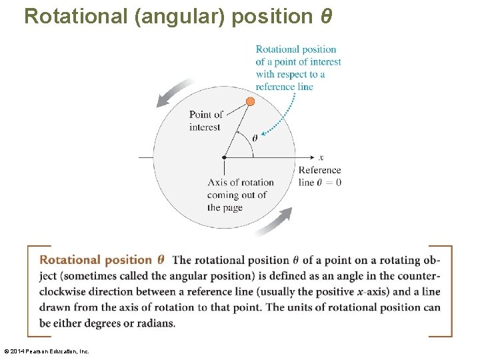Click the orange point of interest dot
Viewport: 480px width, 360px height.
(x=250, y=101)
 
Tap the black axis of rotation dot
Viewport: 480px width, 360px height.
(x=224, y=157)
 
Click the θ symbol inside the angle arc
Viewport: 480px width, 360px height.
(x=254, y=139)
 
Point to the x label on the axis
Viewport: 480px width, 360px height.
(x=321, y=157)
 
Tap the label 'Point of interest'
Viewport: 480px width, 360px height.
(x=205, y=121)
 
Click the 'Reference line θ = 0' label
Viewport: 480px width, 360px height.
(x=320, y=176)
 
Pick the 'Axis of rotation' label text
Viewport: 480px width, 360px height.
(x=241, y=182)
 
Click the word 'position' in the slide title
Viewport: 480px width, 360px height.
(x=274, y=16)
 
